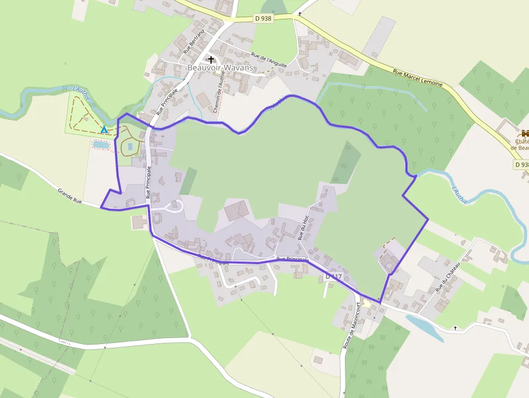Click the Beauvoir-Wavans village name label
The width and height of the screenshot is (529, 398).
click(220, 68)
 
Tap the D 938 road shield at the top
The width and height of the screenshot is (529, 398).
click(263, 18)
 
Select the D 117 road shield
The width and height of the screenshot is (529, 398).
click(334, 276)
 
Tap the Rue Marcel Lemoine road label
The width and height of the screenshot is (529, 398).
click(418, 78)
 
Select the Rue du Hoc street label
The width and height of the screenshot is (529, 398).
click(304, 227)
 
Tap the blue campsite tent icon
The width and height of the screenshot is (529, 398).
click(104, 130)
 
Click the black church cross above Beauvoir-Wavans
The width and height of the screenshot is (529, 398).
click(211, 59)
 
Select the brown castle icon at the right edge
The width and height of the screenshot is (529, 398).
click(525, 133)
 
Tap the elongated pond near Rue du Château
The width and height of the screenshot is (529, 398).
click(424, 328)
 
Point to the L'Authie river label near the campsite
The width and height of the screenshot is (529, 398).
click(83, 95)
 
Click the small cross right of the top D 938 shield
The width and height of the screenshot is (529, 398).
click(300, 14)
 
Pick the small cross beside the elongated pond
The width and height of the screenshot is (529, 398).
click(455, 328)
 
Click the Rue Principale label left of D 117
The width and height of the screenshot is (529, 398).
click(292, 259)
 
